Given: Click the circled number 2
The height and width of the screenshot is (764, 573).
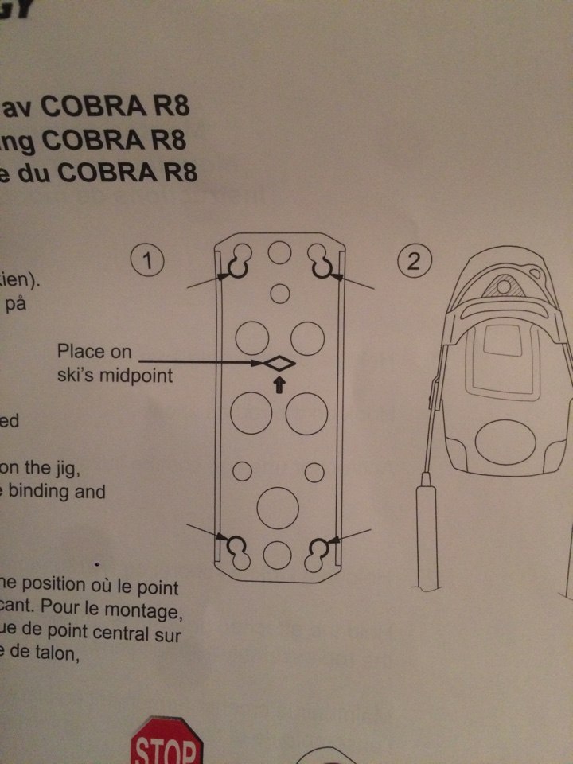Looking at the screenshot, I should coord(413,263).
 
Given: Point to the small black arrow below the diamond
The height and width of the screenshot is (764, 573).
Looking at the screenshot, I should coord(278,386).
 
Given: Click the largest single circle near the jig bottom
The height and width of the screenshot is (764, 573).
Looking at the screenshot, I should coord(278,505).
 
